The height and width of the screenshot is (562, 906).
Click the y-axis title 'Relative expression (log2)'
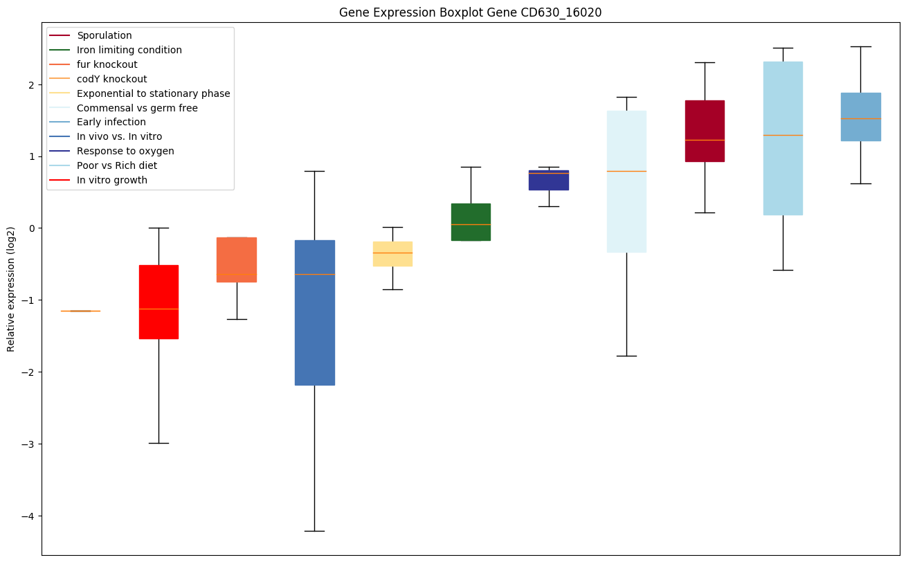(x=11, y=289)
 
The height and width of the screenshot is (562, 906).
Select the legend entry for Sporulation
(x=104, y=35)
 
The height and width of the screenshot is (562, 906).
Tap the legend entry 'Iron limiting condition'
(x=129, y=50)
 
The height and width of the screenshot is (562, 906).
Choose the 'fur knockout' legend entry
(x=107, y=64)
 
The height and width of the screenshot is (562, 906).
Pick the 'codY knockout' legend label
(x=111, y=79)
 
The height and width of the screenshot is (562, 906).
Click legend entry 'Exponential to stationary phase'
(x=153, y=93)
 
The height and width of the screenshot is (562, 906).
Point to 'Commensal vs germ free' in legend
(x=137, y=108)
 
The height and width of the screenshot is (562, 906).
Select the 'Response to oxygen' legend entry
(x=125, y=151)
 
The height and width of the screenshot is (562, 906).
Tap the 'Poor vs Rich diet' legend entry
(x=116, y=165)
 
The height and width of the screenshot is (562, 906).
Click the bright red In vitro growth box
(x=158, y=302)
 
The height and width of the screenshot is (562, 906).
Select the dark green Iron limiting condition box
(x=471, y=221)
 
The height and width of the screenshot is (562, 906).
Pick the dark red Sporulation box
(x=705, y=131)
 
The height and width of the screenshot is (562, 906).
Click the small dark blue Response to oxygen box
(x=549, y=180)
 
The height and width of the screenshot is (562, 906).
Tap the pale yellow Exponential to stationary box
(x=392, y=253)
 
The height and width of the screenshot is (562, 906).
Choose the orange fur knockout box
(x=237, y=260)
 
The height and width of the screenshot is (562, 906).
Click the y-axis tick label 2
(x=32, y=84)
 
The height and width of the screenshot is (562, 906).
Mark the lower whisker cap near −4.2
(x=315, y=531)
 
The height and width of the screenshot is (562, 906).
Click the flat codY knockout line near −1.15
(x=80, y=311)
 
